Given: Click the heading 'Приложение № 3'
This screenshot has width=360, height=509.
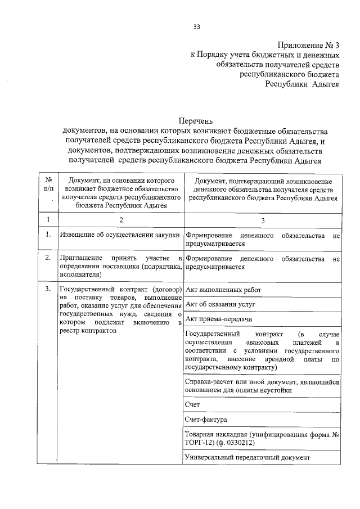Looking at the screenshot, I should (x=309, y=46).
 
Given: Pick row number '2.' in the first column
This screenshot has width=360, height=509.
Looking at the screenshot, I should (x=48, y=258).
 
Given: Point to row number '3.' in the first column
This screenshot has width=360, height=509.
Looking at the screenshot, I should (x=48, y=290).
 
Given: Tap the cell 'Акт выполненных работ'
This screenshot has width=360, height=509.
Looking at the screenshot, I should (x=223, y=290).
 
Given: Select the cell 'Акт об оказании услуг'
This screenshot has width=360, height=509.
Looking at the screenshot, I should (x=220, y=304).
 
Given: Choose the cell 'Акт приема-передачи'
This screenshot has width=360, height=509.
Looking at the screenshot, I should (x=218, y=319).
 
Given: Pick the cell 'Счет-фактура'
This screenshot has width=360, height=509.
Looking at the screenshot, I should (x=205, y=420).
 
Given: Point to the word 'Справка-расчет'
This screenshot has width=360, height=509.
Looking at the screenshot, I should (x=209, y=381).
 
